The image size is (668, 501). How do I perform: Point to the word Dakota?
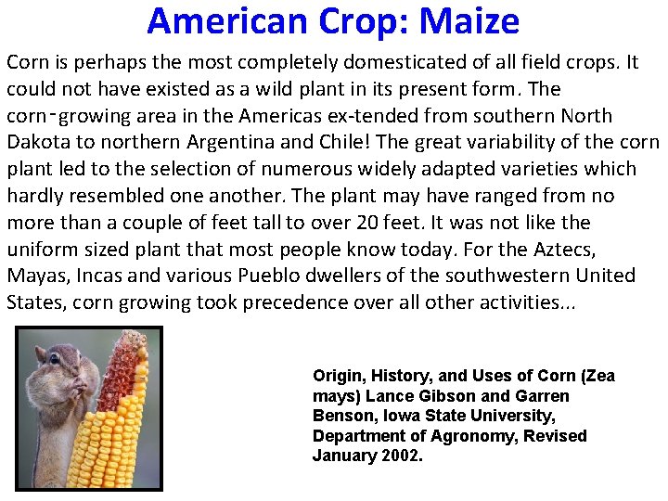(35, 143)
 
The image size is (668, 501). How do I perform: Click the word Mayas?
(34, 276)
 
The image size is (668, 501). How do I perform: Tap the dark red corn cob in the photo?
(124, 371)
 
